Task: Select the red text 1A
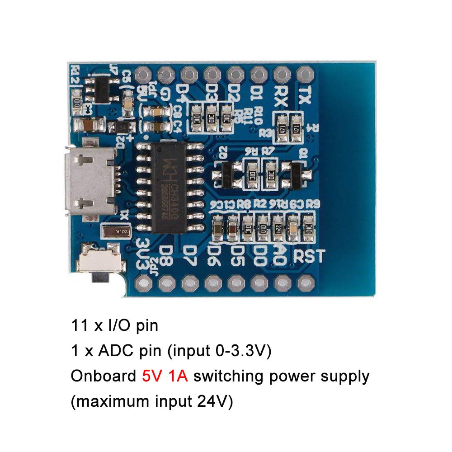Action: [177, 376]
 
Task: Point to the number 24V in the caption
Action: [213, 402]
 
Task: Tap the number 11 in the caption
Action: [77, 325]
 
